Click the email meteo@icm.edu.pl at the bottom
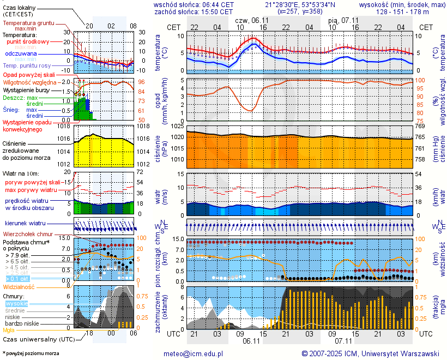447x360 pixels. [194, 353]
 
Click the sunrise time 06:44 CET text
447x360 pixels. [194, 4]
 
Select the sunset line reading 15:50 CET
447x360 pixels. [194, 11]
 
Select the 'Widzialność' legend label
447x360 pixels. [19, 286]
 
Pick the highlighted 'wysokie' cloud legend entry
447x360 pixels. [16, 303]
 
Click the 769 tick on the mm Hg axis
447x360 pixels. [420, 127]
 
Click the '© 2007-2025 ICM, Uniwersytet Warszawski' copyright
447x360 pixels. [371, 353]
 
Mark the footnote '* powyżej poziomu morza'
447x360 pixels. [31, 353]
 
